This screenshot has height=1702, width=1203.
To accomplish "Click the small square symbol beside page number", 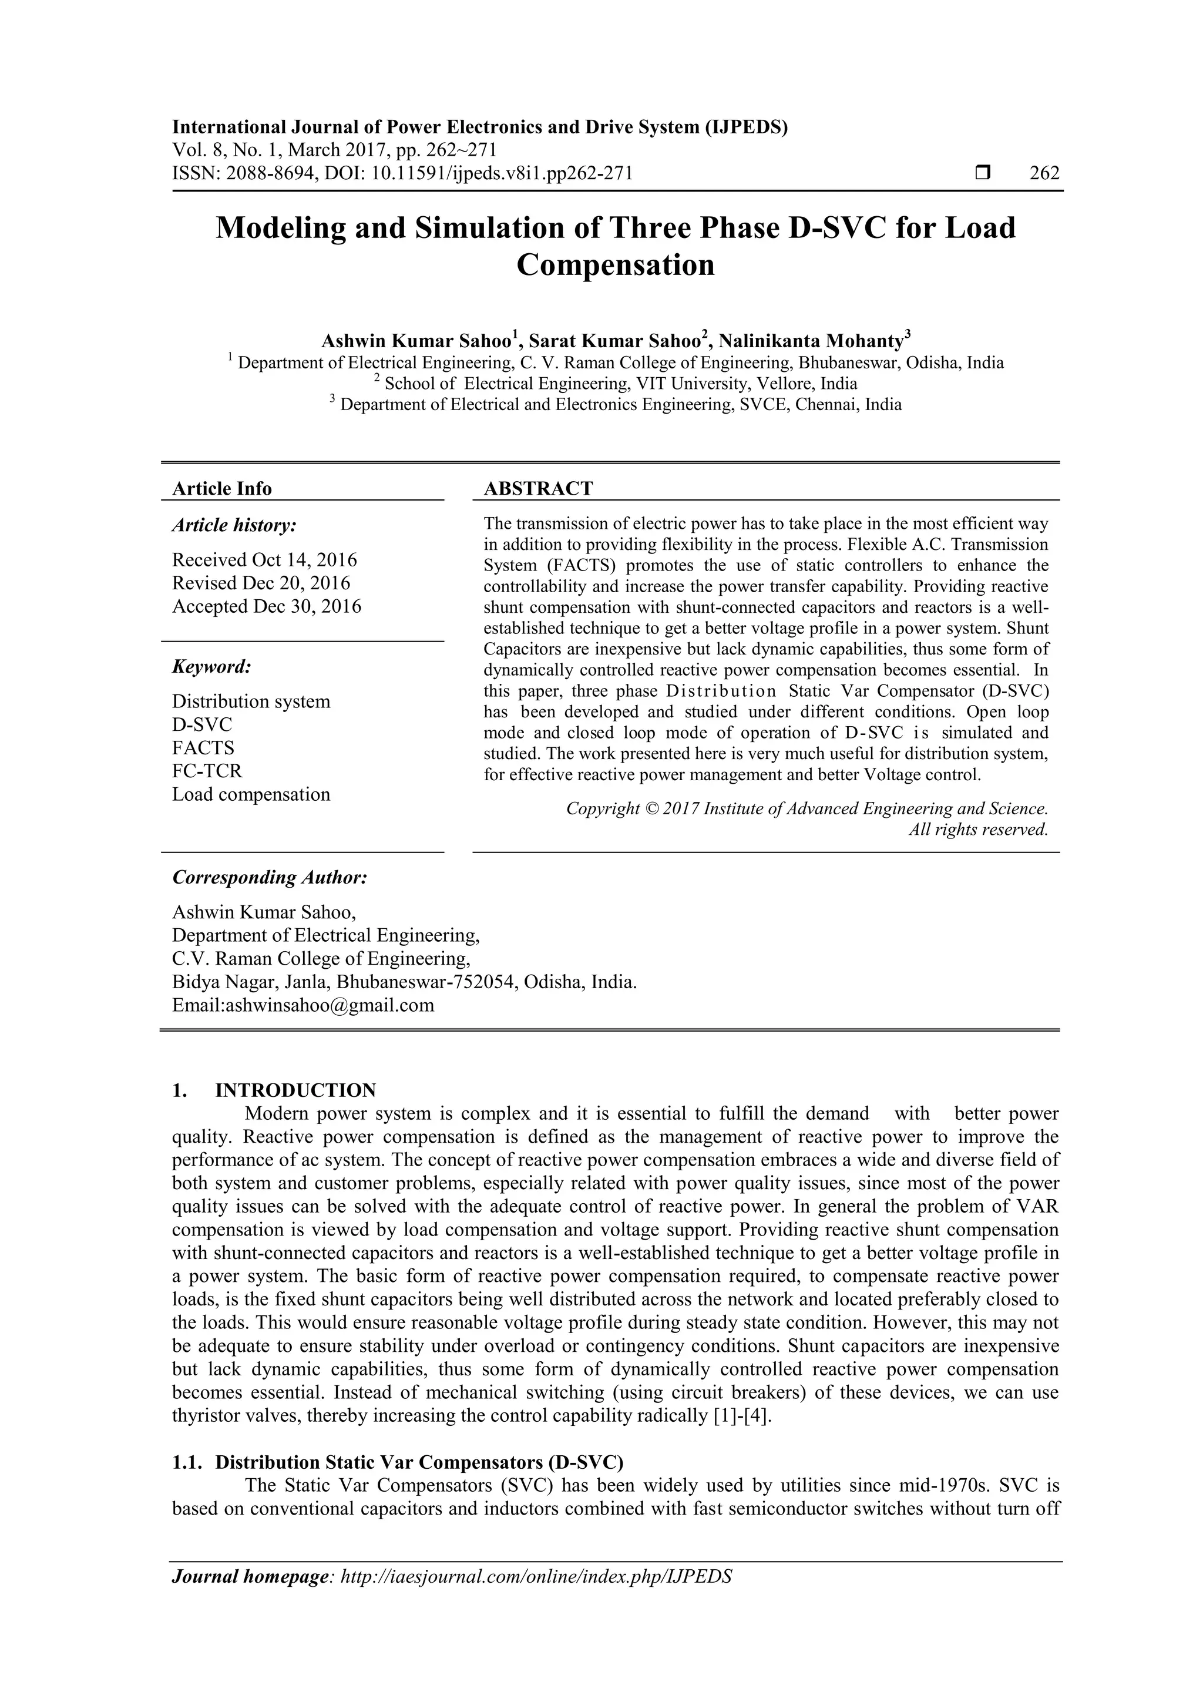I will pyautogui.click(x=983, y=173).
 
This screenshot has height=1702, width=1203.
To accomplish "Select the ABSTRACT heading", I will pyautogui.click(x=538, y=488).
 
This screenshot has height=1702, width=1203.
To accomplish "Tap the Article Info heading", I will pyautogui.click(x=221, y=488).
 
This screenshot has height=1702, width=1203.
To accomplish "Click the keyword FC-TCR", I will pyautogui.click(x=207, y=770).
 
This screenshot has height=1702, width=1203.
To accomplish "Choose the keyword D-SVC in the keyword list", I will pyautogui.click(x=201, y=724).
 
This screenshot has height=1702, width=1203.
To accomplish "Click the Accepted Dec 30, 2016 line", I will pyautogui.click(x=267, y=606).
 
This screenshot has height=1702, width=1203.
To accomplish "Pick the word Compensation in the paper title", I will pyautogui.click(x=615, y=264).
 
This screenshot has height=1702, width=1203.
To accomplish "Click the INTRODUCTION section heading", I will pyautogui.click(x=295, y=1090).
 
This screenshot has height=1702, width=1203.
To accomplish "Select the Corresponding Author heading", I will pyautogui.click(x=270, y=877).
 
